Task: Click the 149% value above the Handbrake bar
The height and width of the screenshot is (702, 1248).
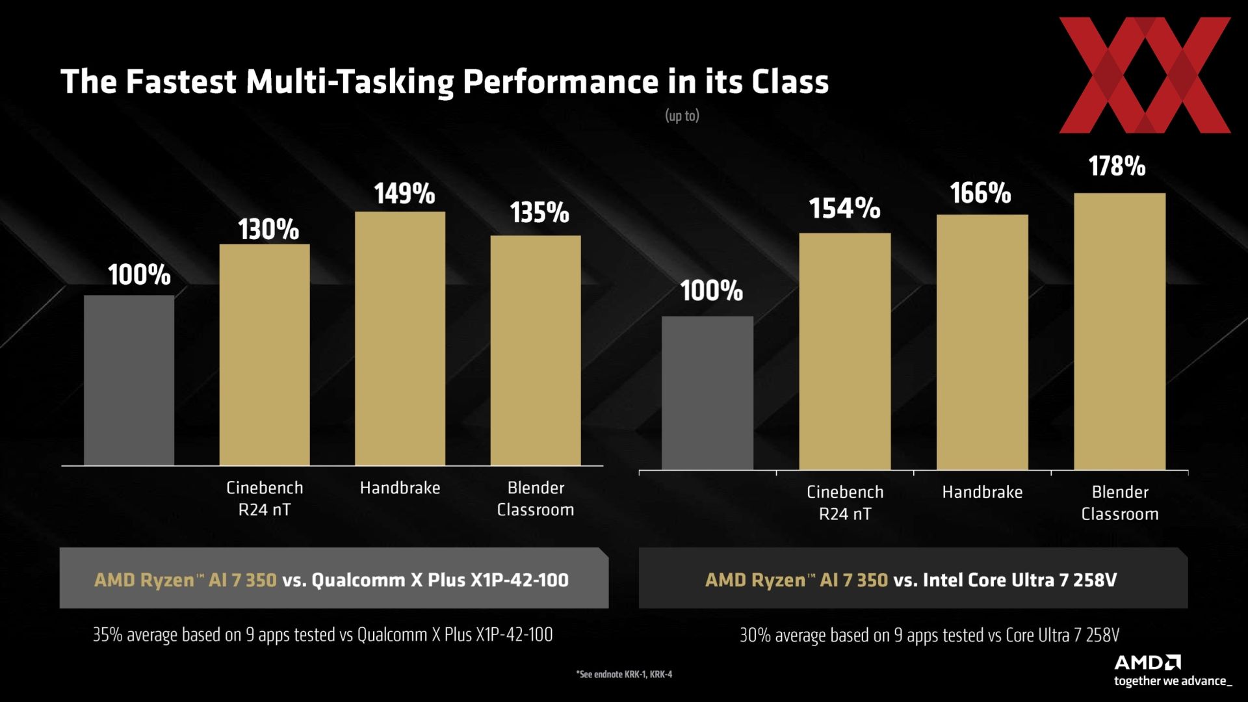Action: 404,194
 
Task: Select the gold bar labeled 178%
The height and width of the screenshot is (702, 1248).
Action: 1119,331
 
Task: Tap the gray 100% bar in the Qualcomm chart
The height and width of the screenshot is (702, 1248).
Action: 129,380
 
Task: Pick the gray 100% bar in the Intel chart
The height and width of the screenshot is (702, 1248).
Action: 707,393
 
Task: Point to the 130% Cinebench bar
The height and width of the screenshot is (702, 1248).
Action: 265,355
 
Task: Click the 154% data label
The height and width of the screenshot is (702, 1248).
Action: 844,209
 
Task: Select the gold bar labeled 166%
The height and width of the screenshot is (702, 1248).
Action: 982,343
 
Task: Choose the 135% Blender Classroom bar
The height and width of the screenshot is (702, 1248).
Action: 536,350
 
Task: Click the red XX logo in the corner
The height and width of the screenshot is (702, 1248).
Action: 1145,75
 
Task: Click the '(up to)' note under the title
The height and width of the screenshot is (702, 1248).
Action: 682,116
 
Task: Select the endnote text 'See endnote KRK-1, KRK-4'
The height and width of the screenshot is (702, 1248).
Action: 624,675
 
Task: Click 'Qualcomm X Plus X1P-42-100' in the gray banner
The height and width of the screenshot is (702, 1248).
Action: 440,580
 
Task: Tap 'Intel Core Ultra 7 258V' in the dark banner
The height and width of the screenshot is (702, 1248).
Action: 1019,580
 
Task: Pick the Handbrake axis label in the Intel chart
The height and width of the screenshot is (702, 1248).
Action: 982,492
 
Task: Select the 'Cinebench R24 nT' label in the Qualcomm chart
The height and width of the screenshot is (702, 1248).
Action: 265,499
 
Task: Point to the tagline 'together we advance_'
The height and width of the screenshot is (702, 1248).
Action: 1173,681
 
